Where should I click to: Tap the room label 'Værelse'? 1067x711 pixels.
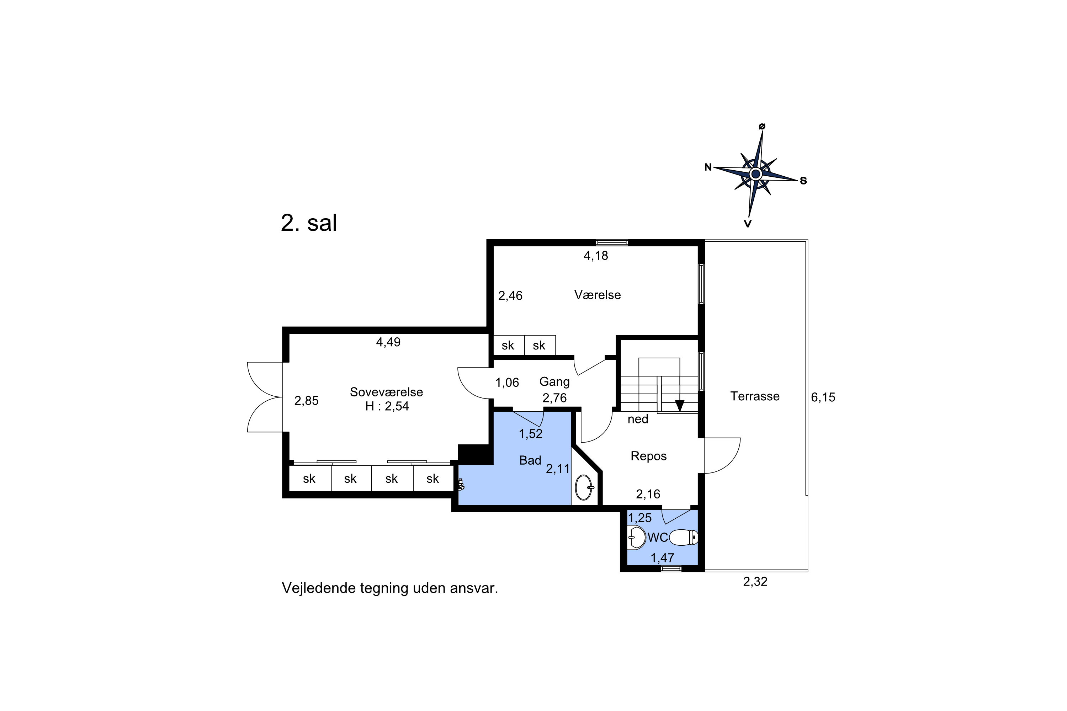coord(598,295)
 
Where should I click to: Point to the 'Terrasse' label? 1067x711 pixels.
coord(755,396)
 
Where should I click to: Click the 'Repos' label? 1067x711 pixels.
coord(649,456)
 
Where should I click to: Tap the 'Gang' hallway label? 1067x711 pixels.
coord(554,382)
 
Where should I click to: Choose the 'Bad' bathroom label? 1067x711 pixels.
coord(530,460)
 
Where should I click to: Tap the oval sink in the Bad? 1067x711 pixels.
coord(584,487)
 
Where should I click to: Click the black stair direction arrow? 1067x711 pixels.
coord(680,405)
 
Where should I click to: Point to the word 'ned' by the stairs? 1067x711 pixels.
coord(638,419)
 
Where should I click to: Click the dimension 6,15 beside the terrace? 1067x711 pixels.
coord(823,397)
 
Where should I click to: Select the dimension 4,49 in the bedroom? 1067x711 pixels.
coord(388,342)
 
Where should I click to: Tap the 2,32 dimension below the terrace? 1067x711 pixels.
coord(755,581)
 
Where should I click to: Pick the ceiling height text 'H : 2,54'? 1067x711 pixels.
coord(387,406)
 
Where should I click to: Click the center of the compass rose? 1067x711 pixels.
coord(756,174)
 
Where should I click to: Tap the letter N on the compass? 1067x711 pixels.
coord(708,167)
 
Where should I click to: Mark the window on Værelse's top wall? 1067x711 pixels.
coord(612,242)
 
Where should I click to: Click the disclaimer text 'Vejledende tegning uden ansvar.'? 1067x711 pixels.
coord(390,588)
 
